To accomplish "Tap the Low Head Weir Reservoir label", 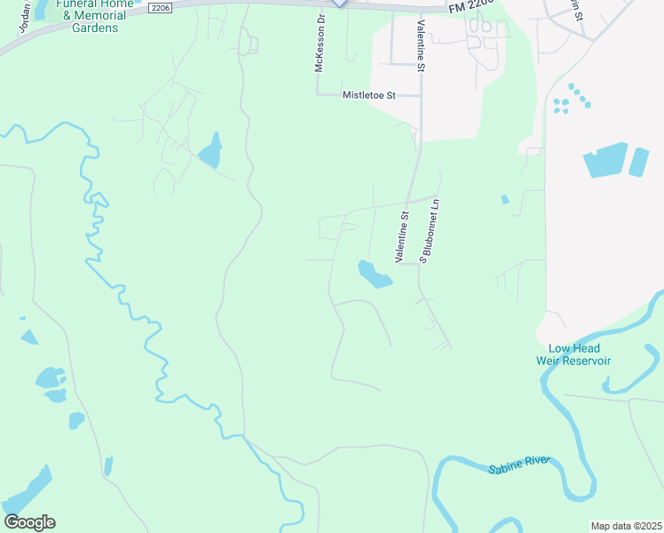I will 573,354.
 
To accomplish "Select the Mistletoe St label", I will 368,94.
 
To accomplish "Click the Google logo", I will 29,522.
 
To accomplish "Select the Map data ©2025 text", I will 626,526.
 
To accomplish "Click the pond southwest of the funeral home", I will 210,151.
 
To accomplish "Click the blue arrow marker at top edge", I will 339,4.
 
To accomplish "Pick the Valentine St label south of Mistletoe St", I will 404,235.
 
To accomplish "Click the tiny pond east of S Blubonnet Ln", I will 504,200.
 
